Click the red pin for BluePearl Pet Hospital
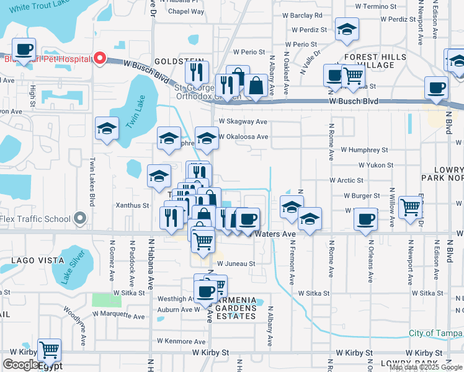coord(99,60)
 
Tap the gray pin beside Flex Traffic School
coord(79,218)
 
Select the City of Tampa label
coord(435,333)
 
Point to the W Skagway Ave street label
coord(243,122)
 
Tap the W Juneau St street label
coord(236,263)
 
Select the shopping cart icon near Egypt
coord(49,350)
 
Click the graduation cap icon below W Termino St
coord(347,29)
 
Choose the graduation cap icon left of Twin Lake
coord(107,128)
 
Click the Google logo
coord(20,365)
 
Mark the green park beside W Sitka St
coord(107,299)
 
